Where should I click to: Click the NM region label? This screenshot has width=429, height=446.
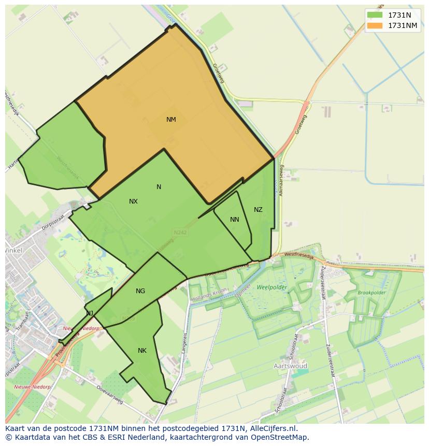(171, 120)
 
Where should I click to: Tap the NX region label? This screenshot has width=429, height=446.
(133, 202)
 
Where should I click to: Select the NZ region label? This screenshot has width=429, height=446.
(258, 210)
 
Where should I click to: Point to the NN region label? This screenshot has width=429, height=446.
(235, 220)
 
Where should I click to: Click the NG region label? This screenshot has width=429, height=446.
(140, 291)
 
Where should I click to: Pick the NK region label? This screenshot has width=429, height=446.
(142, 351)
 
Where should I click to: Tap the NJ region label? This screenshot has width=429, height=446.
(90, 313)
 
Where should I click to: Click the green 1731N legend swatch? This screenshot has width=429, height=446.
(374, 15)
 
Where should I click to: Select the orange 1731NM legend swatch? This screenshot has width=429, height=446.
(374, 25)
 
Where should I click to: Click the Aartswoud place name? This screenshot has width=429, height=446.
(290, 366)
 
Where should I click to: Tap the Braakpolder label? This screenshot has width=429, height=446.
(371, 293)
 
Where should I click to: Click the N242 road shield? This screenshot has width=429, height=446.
(180, 233)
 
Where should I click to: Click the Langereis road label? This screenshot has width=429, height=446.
(183, 343)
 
